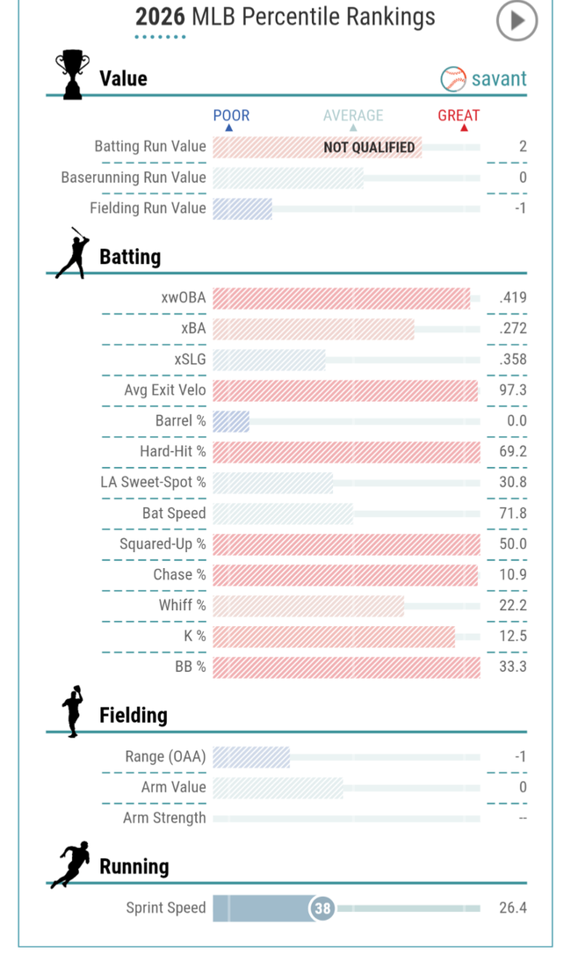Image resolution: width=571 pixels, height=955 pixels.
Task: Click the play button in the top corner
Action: (517, 21)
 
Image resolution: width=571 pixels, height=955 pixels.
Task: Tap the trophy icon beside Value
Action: (72, 75)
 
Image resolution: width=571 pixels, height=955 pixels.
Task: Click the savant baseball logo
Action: (453, 79)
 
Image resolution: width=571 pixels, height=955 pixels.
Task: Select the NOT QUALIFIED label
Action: (369, 148)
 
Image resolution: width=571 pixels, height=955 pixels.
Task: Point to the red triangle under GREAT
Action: (464, 128)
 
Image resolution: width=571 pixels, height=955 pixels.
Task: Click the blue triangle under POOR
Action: (229, 128)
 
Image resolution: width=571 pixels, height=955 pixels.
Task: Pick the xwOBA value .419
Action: (513, 298)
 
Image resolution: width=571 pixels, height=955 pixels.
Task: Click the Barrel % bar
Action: (231, 421)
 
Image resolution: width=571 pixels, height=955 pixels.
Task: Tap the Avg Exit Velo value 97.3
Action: (513, 390)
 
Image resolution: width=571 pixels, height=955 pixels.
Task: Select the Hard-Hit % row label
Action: (173, 451)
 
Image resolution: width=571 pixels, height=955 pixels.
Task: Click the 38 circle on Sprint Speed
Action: (322, 908)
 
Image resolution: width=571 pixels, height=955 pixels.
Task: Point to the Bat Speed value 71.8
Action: (513, 513)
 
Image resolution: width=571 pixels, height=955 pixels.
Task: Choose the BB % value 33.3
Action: (513, 667)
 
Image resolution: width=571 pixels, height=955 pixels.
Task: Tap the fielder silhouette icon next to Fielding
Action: (72, 711)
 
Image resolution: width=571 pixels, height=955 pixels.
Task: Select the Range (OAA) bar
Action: (251, 757)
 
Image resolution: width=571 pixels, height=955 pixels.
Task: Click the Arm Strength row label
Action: (164, 818)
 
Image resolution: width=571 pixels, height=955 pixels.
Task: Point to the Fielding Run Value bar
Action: (242, 208)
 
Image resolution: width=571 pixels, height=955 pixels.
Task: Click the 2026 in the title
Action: (160, 17)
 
